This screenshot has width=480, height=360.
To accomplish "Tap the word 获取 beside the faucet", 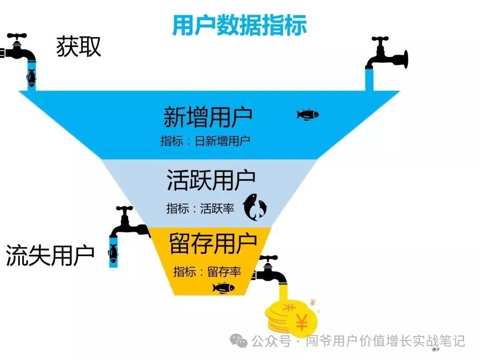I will pos(79,47).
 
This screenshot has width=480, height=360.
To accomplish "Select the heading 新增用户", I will pos(208,117).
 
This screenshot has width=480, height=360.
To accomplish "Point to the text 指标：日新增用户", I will pos(205,141).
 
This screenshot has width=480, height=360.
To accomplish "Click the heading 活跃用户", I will pos(211,180).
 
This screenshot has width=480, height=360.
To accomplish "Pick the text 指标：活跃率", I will pos(200,208).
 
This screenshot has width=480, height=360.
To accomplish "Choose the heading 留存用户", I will pos(213,243).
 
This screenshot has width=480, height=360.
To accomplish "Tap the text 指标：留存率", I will pos(207,272).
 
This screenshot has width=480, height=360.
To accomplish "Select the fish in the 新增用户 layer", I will pos(308,115).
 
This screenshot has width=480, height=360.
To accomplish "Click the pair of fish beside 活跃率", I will pos(255,207).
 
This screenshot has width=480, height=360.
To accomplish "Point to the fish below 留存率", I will pos(223,288).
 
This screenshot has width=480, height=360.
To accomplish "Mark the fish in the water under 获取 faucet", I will pos(31,78).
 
